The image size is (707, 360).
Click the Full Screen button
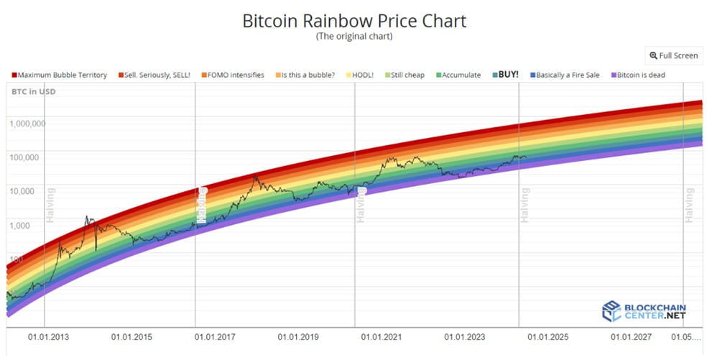coord(674,55)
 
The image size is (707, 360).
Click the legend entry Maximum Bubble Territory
coord(60,75)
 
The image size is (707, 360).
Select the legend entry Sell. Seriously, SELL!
coord(154,75)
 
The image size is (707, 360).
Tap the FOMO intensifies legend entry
coord(233,75)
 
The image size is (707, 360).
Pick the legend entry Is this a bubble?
coord(305,75)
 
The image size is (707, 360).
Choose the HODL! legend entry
coord(360,75)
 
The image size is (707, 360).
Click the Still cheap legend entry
coord(405,75)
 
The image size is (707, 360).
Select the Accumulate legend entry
coord(458,75)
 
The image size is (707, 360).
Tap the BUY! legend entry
coord(505,75)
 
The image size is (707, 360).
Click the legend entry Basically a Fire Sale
coord(565,75)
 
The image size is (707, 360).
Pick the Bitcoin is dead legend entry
coord(638,75)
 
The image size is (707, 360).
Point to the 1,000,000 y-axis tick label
coord(27,124)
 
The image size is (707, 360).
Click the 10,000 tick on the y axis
coord(22,191)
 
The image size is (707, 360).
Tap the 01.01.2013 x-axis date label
coord(49,337)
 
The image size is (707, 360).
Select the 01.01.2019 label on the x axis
coord(298,337)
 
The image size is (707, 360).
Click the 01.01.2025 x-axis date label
coord(547,337)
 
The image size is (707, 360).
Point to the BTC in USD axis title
coord(34,92)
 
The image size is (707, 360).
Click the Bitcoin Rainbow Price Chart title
coord(354,21)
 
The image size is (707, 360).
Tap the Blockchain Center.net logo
coord(644,311)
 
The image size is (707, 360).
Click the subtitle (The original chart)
coord(354,37)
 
